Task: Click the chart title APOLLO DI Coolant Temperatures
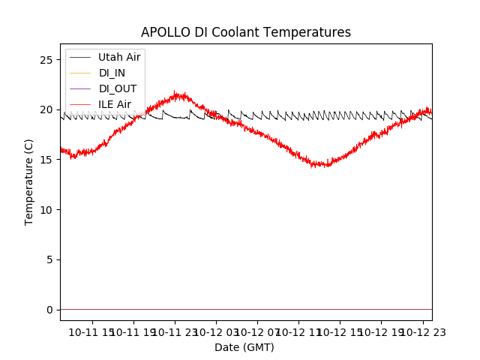click(246, 32)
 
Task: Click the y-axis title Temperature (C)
click(29, 181)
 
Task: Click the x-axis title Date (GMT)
click(244, 347)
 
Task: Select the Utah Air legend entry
click(119, 57)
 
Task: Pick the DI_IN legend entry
click(112, 73)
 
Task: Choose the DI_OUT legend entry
click(118, 88)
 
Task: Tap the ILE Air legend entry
click(115, 104)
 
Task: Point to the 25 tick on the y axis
click(46, 59)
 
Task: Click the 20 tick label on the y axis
click(46, 109)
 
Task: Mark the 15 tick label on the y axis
click(46, 160)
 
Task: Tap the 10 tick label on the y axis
click(46, 209)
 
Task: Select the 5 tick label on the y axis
click(49, 259)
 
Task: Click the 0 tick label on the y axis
click(49, 310)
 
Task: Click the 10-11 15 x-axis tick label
click(91, 331)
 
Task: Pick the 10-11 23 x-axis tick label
click(174, 331)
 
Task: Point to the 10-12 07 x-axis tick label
click(256, 331)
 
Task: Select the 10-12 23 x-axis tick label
click(422, 331)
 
